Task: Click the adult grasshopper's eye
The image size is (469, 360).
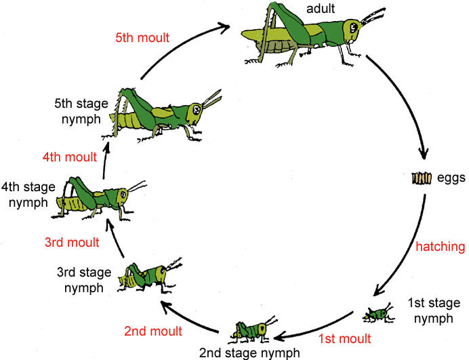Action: coord(355,28)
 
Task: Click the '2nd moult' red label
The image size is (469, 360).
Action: coord(152,332)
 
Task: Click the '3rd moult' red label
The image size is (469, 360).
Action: coord(72,241)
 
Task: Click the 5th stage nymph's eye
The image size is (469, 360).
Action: coord(197,108)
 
